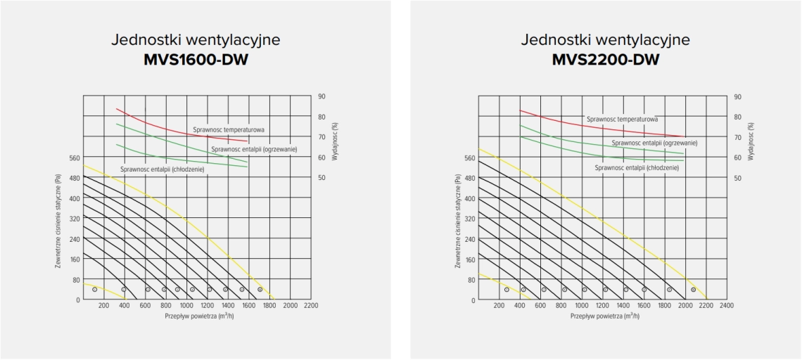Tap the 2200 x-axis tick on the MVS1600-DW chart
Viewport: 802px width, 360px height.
click(x=311, y=306)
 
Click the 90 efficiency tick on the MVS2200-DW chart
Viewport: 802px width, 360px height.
click(x=737, y=96)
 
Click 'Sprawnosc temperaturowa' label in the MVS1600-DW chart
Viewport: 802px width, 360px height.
click(x=229, y=130)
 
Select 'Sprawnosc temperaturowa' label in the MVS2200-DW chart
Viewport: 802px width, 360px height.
click(x=622, y=120)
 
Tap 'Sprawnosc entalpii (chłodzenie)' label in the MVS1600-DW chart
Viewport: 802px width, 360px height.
click(x=162, y=169)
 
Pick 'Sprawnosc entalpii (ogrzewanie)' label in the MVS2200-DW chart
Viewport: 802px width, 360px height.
click(x=654, y=143)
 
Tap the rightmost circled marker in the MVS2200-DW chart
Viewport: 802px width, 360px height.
click(x=693, y=290)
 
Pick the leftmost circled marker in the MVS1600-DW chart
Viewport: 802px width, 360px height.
click(x=94, y=289)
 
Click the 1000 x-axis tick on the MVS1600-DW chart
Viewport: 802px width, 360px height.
click(x=186, y=306)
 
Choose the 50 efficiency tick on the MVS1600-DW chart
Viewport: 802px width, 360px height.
click(x=322, y=178)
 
